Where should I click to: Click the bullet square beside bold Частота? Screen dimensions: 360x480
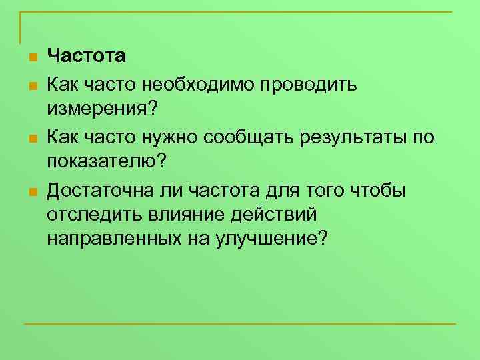pyautogui.click(x=31, y=57)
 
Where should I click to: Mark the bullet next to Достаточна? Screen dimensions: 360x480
pyautogui.click(x=31, y=193)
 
